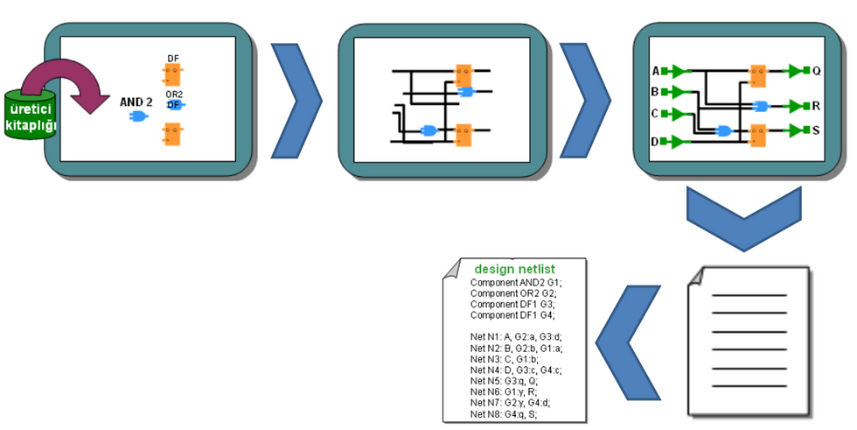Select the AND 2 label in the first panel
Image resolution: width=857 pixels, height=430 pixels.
(x=136, y=102)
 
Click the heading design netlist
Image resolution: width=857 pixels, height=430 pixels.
(x=514, y=268)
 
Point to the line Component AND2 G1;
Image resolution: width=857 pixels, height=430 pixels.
(x=516, y=283)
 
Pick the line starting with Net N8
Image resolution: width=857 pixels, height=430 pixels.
(x=503, y=414)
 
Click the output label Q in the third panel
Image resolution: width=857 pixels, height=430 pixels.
(x=816, y=71)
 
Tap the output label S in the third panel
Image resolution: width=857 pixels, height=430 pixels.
(x=816, y=130)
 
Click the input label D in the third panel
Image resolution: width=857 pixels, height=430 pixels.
(x=655, y=141)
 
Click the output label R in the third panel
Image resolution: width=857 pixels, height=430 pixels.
(x=816, y=106)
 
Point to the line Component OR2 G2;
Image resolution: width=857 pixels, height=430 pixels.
(x=513, y=293)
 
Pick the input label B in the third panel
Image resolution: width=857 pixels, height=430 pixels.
(x=655, y=91)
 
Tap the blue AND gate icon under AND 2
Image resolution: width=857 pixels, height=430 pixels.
(x=137, y=116)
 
